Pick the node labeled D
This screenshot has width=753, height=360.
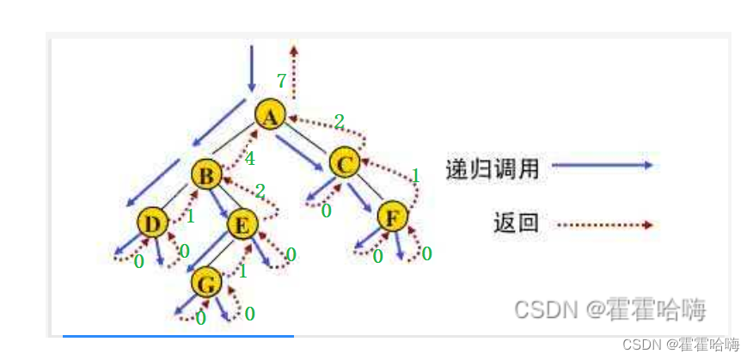click(152, 223)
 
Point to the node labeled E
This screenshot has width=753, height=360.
click(243, 224)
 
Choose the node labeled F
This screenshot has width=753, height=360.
click(393, 217)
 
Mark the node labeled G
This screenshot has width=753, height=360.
click(206, 282)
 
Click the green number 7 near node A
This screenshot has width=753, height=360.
click(281, 82)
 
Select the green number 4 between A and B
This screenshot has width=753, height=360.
click(249, 159)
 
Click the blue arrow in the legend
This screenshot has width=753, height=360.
click(602, 166)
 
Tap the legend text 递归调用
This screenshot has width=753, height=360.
click(493, 168)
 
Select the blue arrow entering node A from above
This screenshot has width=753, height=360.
click(252, 68)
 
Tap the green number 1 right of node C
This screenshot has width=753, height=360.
click(415, 176)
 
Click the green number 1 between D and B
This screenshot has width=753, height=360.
click(190, 216)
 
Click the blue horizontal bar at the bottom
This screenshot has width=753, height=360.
click(178, 336)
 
